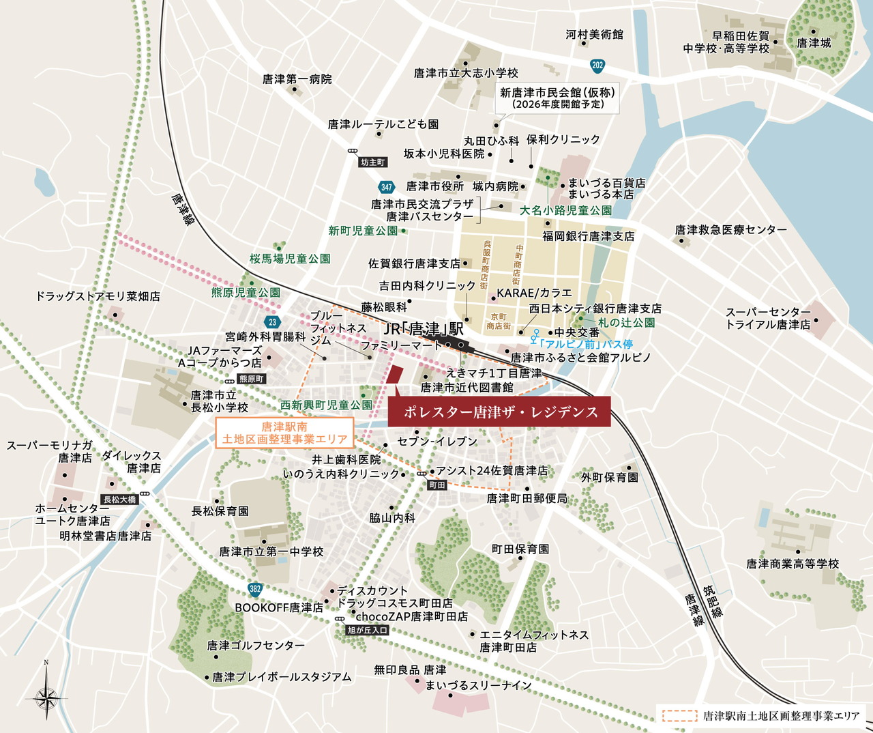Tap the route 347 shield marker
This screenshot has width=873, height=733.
tap(387, 187)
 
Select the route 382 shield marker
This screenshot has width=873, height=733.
tap(255, 589)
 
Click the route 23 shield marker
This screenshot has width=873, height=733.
tap(273, 322)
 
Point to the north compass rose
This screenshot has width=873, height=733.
tap(46, 696)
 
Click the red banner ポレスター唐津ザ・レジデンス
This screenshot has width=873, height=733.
tap(500, 412)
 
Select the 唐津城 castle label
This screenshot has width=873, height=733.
tap(814, 43)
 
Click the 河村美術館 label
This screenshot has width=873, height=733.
tap(594, 34)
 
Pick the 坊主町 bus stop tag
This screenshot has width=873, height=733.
tap(373, 162)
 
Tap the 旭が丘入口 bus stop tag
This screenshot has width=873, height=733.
tap(367, 630)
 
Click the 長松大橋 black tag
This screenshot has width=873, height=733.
tap(119, 500)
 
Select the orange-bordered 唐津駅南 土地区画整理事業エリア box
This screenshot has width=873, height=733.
tap(285, 433)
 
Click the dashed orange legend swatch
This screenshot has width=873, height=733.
tap(679, 716)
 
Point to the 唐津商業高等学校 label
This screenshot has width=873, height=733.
tap(792, 564)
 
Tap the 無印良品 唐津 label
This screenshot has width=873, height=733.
tap(409, 670)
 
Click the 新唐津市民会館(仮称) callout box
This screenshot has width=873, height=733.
tap(558, 98)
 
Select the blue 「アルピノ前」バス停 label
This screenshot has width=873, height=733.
tap(585, 344)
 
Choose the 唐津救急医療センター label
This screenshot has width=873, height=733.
tap(730, 230)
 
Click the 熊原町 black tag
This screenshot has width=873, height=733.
tap(251, 379)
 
